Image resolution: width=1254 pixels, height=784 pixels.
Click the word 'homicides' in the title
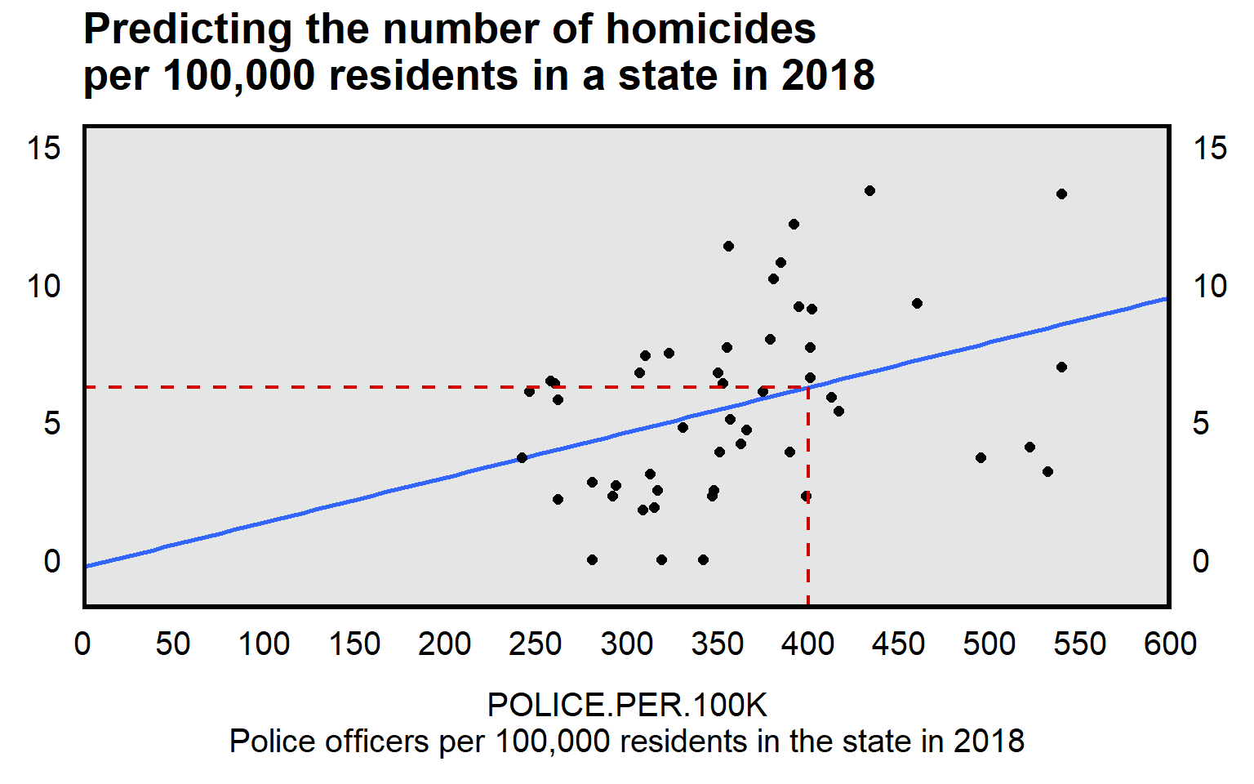(x=710, y=29)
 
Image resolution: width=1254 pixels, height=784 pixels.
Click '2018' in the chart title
(x=828, y=76)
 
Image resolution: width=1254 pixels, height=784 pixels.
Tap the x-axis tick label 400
(x=807, y=644)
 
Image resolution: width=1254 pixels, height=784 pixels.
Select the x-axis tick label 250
(x=536, y=644)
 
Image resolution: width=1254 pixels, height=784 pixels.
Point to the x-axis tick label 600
(x=1170, y=644)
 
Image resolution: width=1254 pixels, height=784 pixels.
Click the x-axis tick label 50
(x=173, y=644)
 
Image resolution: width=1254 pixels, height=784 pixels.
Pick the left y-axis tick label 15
(x=44, y=149)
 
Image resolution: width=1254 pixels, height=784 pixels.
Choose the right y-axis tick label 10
(x=1210, y=287)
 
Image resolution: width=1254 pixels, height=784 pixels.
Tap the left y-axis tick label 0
(x=52, y=562)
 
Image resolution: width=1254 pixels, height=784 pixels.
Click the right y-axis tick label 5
(x=1201, y=424)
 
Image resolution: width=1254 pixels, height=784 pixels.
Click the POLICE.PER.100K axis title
(x=627, y=705)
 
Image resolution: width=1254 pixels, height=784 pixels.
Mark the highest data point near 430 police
(x=869, y=191)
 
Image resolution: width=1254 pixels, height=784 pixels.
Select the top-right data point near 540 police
(x=1061, y=194)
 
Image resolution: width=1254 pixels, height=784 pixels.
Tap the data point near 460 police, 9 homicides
(x=917, y=304)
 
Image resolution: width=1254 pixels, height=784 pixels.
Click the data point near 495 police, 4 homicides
(x=981, y=458)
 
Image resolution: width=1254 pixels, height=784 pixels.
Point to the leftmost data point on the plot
(x=522, y=458)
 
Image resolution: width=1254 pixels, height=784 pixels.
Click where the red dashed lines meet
(x=807, y=387)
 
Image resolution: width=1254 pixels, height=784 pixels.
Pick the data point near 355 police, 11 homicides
(x=728, y=247)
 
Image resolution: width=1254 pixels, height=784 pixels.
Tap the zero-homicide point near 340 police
(x=703, y=560)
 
